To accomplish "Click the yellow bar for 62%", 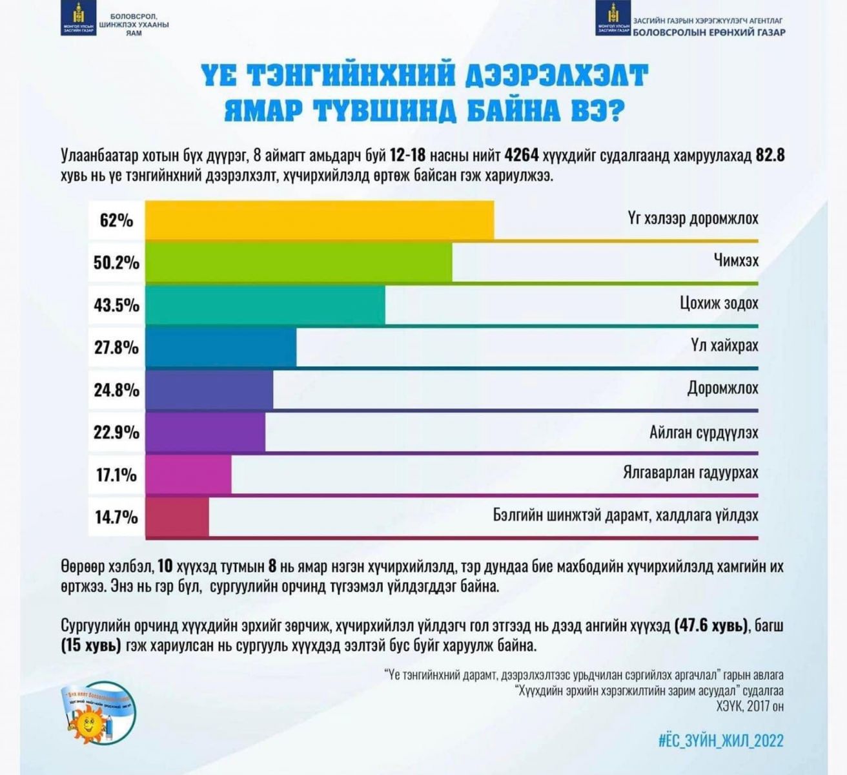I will pos(320,220).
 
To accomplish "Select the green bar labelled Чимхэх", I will pos(298,262).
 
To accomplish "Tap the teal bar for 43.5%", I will pos(265,305).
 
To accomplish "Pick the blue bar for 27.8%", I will pos(221,347).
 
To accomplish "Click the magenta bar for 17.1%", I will pos(189,475).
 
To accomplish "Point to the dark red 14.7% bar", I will pos(178,517).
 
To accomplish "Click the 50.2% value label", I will pos(116,263).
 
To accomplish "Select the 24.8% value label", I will pos(116,390).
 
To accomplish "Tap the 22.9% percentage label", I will pos(116,432).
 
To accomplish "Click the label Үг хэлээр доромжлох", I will pos(693,218).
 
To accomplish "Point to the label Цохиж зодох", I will pos(719,303).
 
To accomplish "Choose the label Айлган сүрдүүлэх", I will pos(704,432).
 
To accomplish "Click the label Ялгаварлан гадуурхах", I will pos(690,473).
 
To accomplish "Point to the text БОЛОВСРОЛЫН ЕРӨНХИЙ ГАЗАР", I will pos(709,32).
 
